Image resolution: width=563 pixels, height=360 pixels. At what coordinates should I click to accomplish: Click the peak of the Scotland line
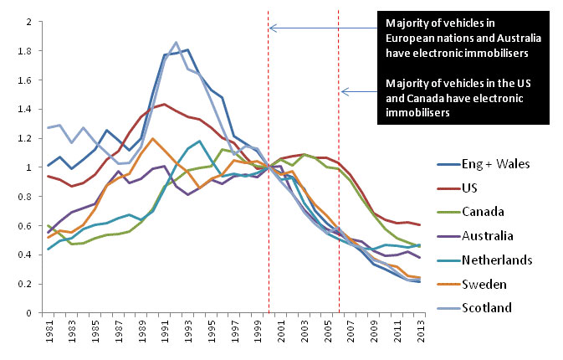pyautogui.click(x=177, y=43)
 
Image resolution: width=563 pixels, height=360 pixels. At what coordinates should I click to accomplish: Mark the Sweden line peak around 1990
pyautogui.click(x=152, y=139)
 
